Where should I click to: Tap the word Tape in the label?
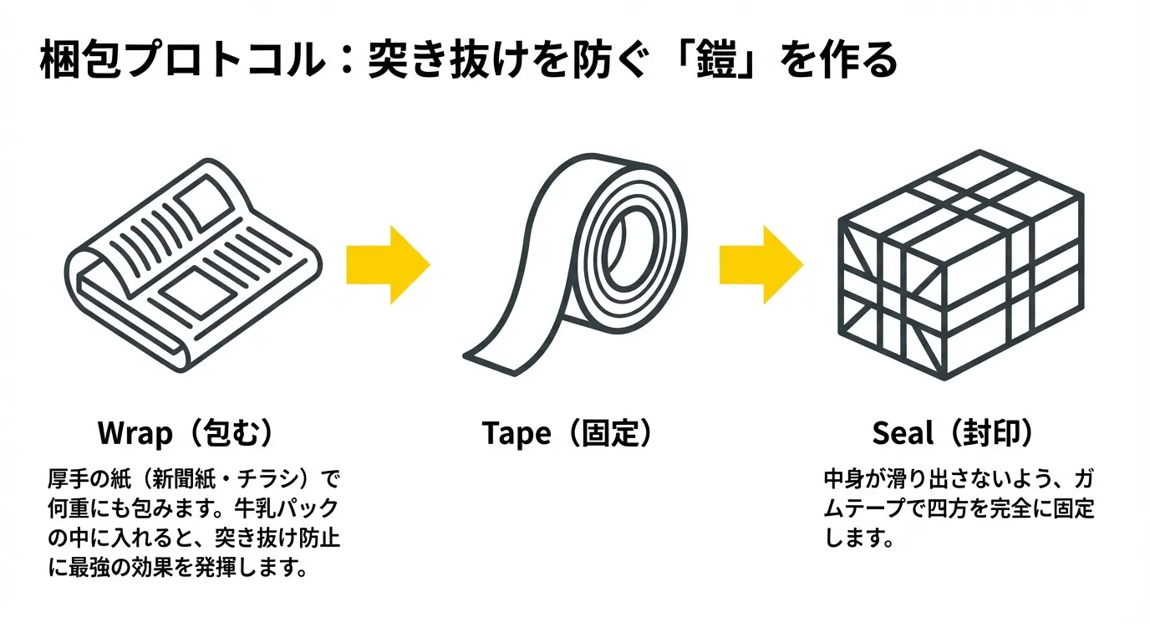pos(516,433)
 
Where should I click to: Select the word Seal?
pos(902,433)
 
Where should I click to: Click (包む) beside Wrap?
pos(226,433)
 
